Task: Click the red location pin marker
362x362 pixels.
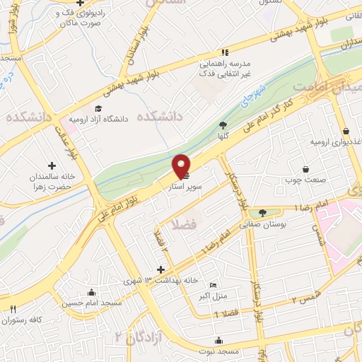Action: pos(182,165)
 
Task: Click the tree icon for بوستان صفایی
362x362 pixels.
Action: pos(263,212)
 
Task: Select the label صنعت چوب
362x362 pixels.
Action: pos(305,180)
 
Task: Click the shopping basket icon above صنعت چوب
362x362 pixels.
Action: pos(305,169)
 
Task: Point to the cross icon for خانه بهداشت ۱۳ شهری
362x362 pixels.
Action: pos(161,269)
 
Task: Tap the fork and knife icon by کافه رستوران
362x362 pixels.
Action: pos(13,309)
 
